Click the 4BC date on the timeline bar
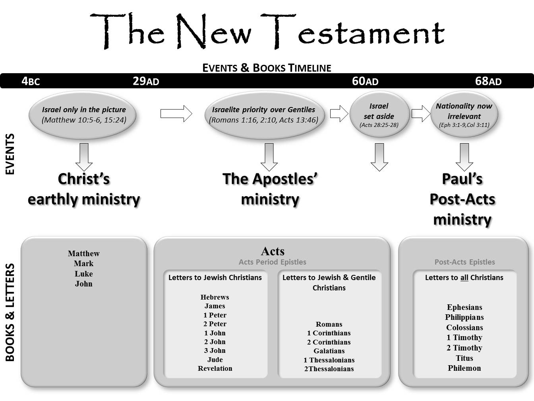(x=31, y=81)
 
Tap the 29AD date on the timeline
(x=146, y=81)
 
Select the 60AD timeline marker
(x=365, y=81)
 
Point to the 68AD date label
(x=488, y=81)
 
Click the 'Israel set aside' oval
(x=379, y=115)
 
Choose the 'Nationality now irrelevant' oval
(x=464, y=115)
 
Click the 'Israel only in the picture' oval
(x=83, y=115)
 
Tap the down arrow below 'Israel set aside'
(x=379, y=157)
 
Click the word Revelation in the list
(x=215, y=368)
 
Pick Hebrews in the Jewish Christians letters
(x=215, y=297)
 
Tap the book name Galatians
(x=329, y=351)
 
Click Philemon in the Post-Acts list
(x=464, y=368)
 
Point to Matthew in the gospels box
(x=83, y=253)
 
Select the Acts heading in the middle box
(x=273, y=251)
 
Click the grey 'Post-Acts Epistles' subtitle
(x=464, y=262)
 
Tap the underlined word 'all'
(x=464, y=278)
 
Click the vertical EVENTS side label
(x=10, y=154)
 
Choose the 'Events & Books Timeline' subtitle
(x=267, y=68)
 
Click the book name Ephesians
(x=464, y=307)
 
